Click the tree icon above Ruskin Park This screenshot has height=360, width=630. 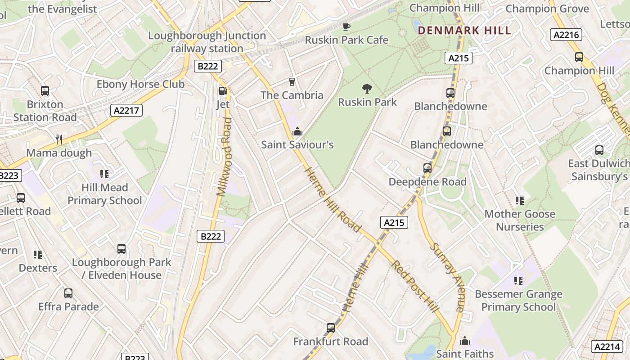pyautogui.click(x=367, y=88)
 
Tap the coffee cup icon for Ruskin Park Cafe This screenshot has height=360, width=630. pyautogui.click(x=346, y=27)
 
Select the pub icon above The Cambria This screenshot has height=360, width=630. pyautogui.click(x=292, y=81)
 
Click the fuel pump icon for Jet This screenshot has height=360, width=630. pyautogui.click(x=222, y=91)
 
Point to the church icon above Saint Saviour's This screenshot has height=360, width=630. pyautogui.click(x=297, y=131)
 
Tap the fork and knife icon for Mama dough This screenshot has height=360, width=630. pyautogui.click(x=59, y=139)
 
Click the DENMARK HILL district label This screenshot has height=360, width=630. pyautogui.click(x=464, y=31)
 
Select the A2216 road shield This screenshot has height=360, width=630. pyautogui.click(x=566, y=35)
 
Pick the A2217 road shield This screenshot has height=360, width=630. pyautogui.click(x=126, y=110)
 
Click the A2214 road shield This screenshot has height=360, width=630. pyautogui.click(x=606, y=346)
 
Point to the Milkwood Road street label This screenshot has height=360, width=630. pyautogui.click(x=224, y=157)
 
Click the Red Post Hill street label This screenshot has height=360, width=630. pyautogui.click(x=415, y=286)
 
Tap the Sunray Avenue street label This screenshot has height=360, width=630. pyautogui.click(x=446, y=277)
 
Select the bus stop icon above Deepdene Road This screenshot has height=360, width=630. pyautogui.click(x=427, y=168)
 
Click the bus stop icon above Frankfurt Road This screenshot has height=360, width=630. pyautogui.click(x=331, y=328)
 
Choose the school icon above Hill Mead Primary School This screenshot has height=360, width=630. pyautogui.click(x=104, y=174)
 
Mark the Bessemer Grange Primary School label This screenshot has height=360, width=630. pyautogui.click(x=518, y=301)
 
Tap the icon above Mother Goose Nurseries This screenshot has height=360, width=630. pyautogui.click(x=520, y=200)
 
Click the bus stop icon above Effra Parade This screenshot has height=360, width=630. pyautogui.click(x=68, y=293)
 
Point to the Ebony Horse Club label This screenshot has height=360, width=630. pyautogui.click(x=140, y=84)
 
